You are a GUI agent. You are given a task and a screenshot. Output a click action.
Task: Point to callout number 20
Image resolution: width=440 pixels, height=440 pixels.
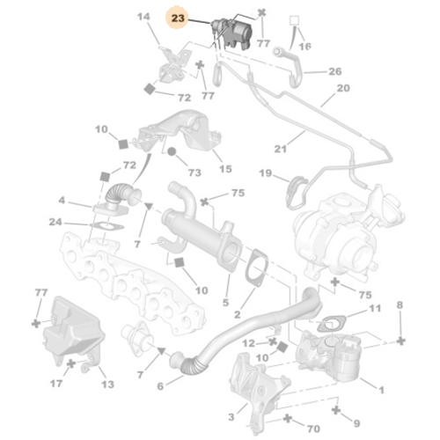tap(342, 88)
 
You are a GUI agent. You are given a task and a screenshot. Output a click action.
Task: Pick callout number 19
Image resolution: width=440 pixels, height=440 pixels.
tap(265, 175)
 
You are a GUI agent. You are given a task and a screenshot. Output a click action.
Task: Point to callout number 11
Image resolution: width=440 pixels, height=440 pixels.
tap(374, 308)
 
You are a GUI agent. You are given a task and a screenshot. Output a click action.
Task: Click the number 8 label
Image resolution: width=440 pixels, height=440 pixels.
tap(400, 304)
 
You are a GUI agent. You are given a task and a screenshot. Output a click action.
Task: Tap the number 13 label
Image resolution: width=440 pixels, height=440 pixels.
tap(107, 385)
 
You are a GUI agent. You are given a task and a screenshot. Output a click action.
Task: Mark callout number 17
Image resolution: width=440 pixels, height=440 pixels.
tap(55, 384)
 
